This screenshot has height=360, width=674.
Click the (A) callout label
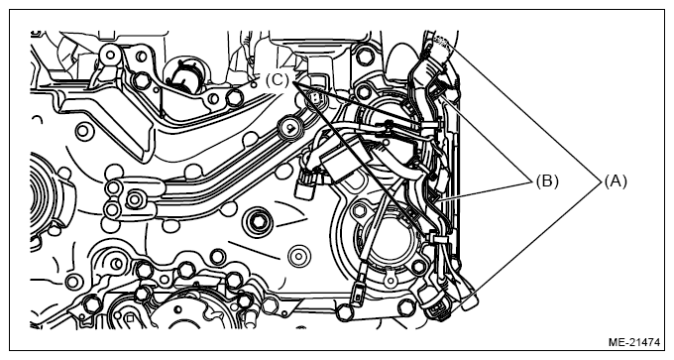point(616,181)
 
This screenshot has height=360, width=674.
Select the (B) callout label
point(547,181)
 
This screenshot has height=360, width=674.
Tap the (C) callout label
point(278,80)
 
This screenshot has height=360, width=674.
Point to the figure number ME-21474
point(634,342)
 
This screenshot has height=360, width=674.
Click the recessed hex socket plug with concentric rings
point(259,221)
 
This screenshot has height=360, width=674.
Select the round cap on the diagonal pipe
point(290,128)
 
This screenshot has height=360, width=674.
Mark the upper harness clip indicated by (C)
point(428,125)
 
